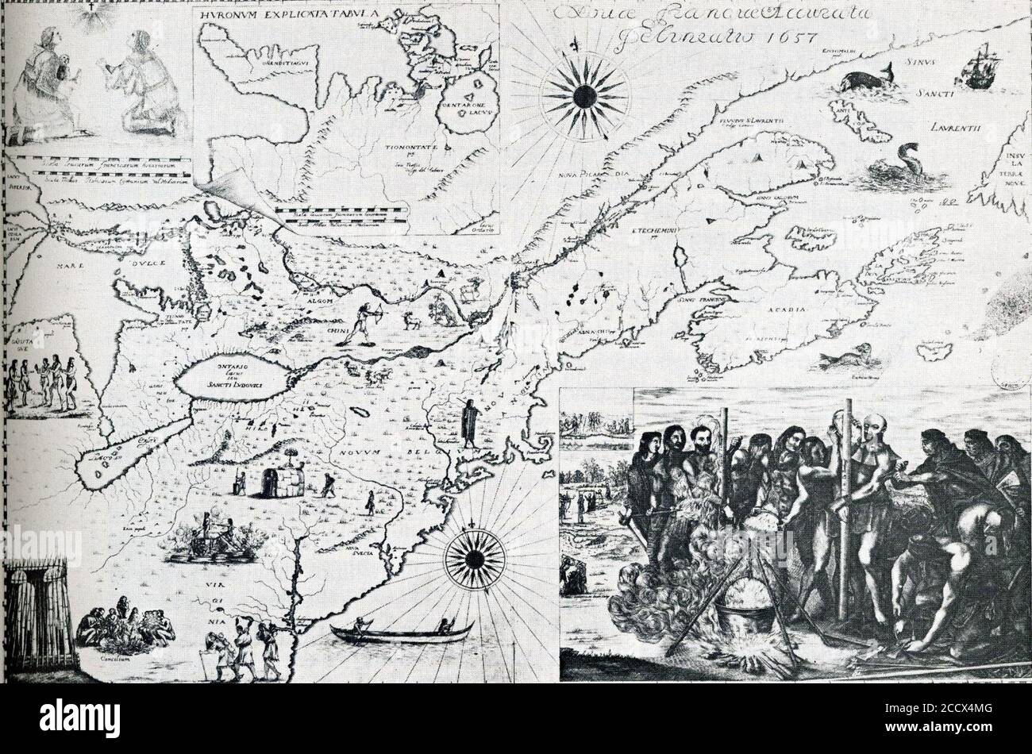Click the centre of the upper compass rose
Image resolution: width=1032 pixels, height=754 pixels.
[584, 96]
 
